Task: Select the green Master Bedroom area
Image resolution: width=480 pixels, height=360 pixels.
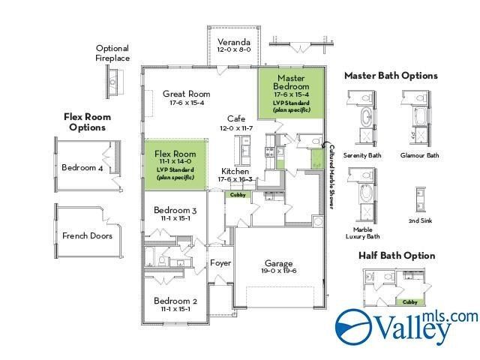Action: (291, 94)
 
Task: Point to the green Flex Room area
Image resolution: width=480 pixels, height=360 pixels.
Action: (175, 163)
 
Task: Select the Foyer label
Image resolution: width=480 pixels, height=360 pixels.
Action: (220, 264)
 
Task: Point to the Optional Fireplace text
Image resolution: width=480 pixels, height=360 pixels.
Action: (112, 52)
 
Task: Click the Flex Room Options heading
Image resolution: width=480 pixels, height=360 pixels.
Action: (87, 121)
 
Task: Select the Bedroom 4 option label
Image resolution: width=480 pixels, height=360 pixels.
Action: (82, 167)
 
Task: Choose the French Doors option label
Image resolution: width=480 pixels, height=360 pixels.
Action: (87, 235)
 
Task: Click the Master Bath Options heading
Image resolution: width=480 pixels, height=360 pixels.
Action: (391, 76)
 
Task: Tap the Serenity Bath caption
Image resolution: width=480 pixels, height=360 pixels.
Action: (362, 155)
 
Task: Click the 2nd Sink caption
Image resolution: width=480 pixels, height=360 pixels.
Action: (419, 221)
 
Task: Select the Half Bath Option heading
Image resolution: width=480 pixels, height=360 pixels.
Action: (397, 256)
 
